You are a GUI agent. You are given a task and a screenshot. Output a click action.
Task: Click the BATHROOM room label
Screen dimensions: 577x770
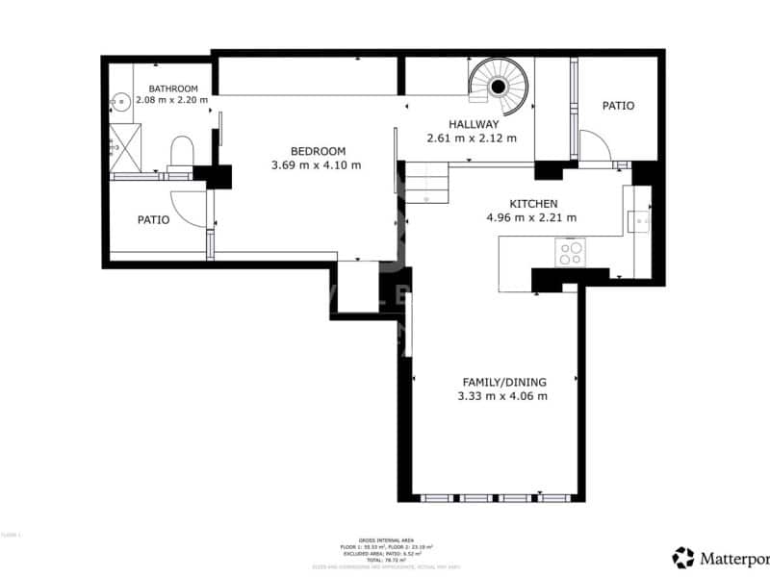click(173, 88)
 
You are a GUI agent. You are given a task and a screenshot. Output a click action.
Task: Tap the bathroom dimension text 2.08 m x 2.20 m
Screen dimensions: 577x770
click(172, 100)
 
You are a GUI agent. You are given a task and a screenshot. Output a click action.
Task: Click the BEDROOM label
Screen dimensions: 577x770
click(318, 151)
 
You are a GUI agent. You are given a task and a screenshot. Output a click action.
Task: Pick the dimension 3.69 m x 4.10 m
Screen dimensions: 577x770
click(317, 164)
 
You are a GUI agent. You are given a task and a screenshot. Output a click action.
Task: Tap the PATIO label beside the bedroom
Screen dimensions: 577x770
click(153, 220)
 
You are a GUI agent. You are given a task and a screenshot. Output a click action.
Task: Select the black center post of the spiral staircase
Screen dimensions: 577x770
click(499, 87)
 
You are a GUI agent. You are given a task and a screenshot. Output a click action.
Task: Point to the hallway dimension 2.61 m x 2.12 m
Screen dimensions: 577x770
click(472, 138)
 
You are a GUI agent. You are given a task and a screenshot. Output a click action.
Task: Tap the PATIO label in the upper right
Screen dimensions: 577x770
click(618, 106)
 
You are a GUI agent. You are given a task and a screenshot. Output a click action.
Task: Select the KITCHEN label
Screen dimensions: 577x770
click(532, 204)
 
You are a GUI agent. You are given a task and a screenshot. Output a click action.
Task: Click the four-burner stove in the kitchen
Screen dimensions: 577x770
click(571, 253)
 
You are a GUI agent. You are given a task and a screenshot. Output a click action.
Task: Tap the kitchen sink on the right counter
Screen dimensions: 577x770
click(639, 221)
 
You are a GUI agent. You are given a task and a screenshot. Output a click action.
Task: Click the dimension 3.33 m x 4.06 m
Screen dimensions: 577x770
click(503, 395)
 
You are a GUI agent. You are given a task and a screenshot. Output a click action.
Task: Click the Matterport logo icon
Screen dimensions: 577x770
click(683, 557)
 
